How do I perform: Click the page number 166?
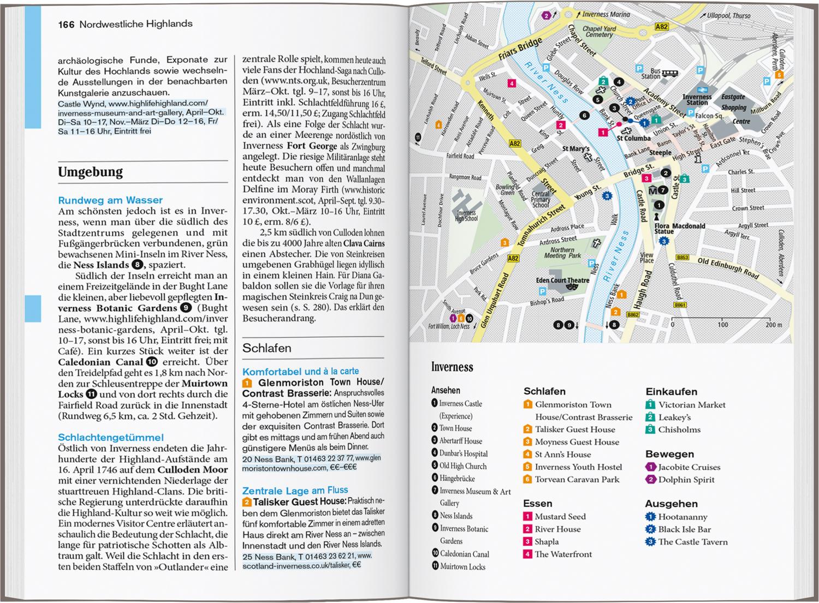[66, 24]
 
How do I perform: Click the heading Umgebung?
[90, 172]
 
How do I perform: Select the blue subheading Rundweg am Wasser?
[110, 200]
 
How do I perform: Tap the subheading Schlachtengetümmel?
[111, 437]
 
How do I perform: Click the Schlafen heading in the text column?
[267, 348]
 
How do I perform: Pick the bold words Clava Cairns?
[364, 243]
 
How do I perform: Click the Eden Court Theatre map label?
[562, 280]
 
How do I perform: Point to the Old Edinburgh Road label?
[728, 268]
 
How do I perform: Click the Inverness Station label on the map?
[697, 99]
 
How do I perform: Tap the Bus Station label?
[655, 74]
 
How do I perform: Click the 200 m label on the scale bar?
[773, 325]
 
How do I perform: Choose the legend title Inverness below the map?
[452, 367]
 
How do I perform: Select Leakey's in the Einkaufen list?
[674, 417]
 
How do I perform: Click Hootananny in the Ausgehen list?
[682, 517]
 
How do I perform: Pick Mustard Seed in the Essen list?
[560, 516]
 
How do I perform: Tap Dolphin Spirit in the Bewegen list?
[686, 480]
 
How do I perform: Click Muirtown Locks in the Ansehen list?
[462, 567]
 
